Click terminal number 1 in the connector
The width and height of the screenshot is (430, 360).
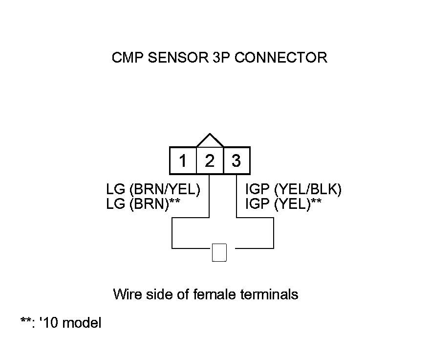pyautogui.click(x=183, y=160)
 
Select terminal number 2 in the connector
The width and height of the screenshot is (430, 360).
pyautogui.click(x=210, y=160)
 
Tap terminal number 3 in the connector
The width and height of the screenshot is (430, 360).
pyautogui.click(x=236, y=160)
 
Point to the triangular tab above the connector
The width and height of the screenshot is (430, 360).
pyautogui.click(x=210, y=140)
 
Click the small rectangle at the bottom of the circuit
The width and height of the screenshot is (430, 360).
pyautogui.click(x=219, y=252)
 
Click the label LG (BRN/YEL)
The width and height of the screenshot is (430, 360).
pyautogui.click(x=153, y=190)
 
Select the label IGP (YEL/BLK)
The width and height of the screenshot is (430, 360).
pyautogui.click(x=293, y=190)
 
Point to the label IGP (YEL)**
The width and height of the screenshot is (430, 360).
pyautogui.click(x=283, y=204)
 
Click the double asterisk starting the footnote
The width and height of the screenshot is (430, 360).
pyautogui.click(x=25, y=321)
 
